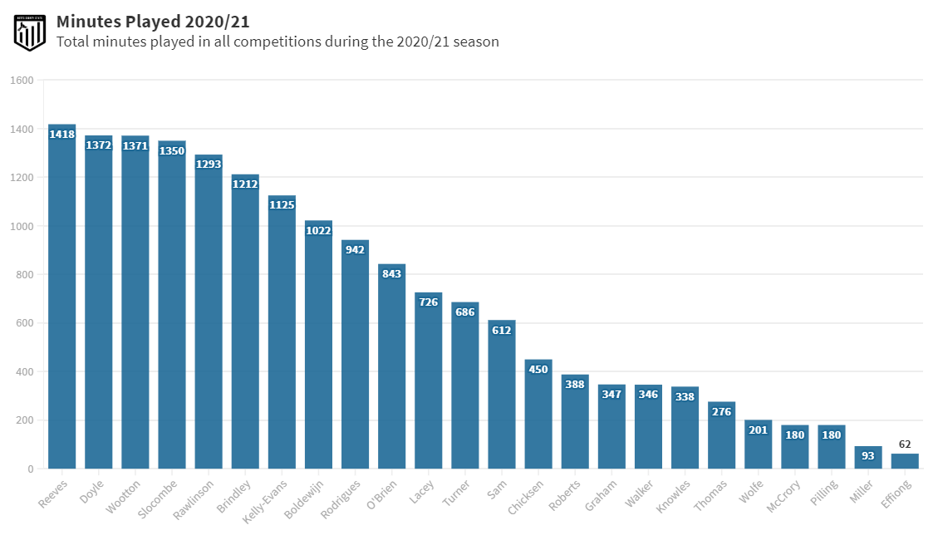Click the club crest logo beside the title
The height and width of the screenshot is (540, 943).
tap(30, 32)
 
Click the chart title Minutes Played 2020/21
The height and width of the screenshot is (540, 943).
tap(153, 21)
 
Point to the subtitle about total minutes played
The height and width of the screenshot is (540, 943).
tap(277, 42)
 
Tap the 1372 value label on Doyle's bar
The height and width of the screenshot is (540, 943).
tap(98, 145)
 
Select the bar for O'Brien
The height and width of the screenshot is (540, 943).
tap(391, 374)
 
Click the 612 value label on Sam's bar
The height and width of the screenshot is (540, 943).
tap(501, 330)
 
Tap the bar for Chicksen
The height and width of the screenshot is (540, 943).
tap(538, 420)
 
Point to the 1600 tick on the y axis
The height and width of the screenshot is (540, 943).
tap(22, 81)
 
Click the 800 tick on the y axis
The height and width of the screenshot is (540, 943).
tap(24, 275)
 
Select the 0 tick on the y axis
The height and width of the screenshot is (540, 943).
tap(30, 469)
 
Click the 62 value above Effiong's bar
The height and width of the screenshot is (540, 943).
tap(905, 444)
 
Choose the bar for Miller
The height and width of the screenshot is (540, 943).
tap(868, 458)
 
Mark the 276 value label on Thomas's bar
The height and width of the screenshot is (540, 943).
tap(721, 411)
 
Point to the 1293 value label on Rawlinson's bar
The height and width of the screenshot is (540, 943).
tap(209, 164)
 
